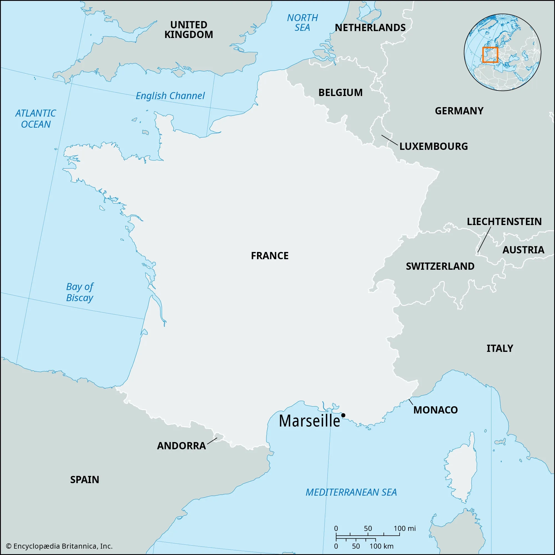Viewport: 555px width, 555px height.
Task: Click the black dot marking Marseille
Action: pos(343,415)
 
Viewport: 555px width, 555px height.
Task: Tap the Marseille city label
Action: pos(309,421)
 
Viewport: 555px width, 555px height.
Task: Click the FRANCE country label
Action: pos(269,256)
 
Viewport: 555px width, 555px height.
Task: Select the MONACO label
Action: pos(435,410)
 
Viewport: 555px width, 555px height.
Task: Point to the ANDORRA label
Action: pos(181,446)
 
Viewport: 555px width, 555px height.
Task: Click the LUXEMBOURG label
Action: pos(433,147)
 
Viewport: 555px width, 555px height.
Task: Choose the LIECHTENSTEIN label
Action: pos(504,221)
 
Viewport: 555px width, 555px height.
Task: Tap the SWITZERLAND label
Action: pos(440,266)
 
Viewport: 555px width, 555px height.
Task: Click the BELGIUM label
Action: pos(340,92)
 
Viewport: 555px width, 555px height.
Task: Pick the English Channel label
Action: pos(170,96)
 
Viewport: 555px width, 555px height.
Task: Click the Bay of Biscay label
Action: pos(80,292)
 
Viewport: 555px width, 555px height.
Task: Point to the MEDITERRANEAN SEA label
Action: pos(351,492)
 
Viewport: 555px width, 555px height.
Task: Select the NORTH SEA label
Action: pos(302,23)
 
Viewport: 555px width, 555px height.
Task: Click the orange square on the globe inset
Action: pos(490,55)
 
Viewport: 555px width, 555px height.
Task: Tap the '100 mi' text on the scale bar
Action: pos(405,528)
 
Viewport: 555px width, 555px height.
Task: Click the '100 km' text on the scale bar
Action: pos(381,546)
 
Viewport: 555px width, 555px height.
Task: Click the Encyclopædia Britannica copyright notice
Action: pos(59,546)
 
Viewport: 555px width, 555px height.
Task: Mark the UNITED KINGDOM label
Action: pos(188,30)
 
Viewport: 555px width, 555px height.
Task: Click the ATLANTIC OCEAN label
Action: pos(36,119)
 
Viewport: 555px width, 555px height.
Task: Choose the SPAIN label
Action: pos(84,480)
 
